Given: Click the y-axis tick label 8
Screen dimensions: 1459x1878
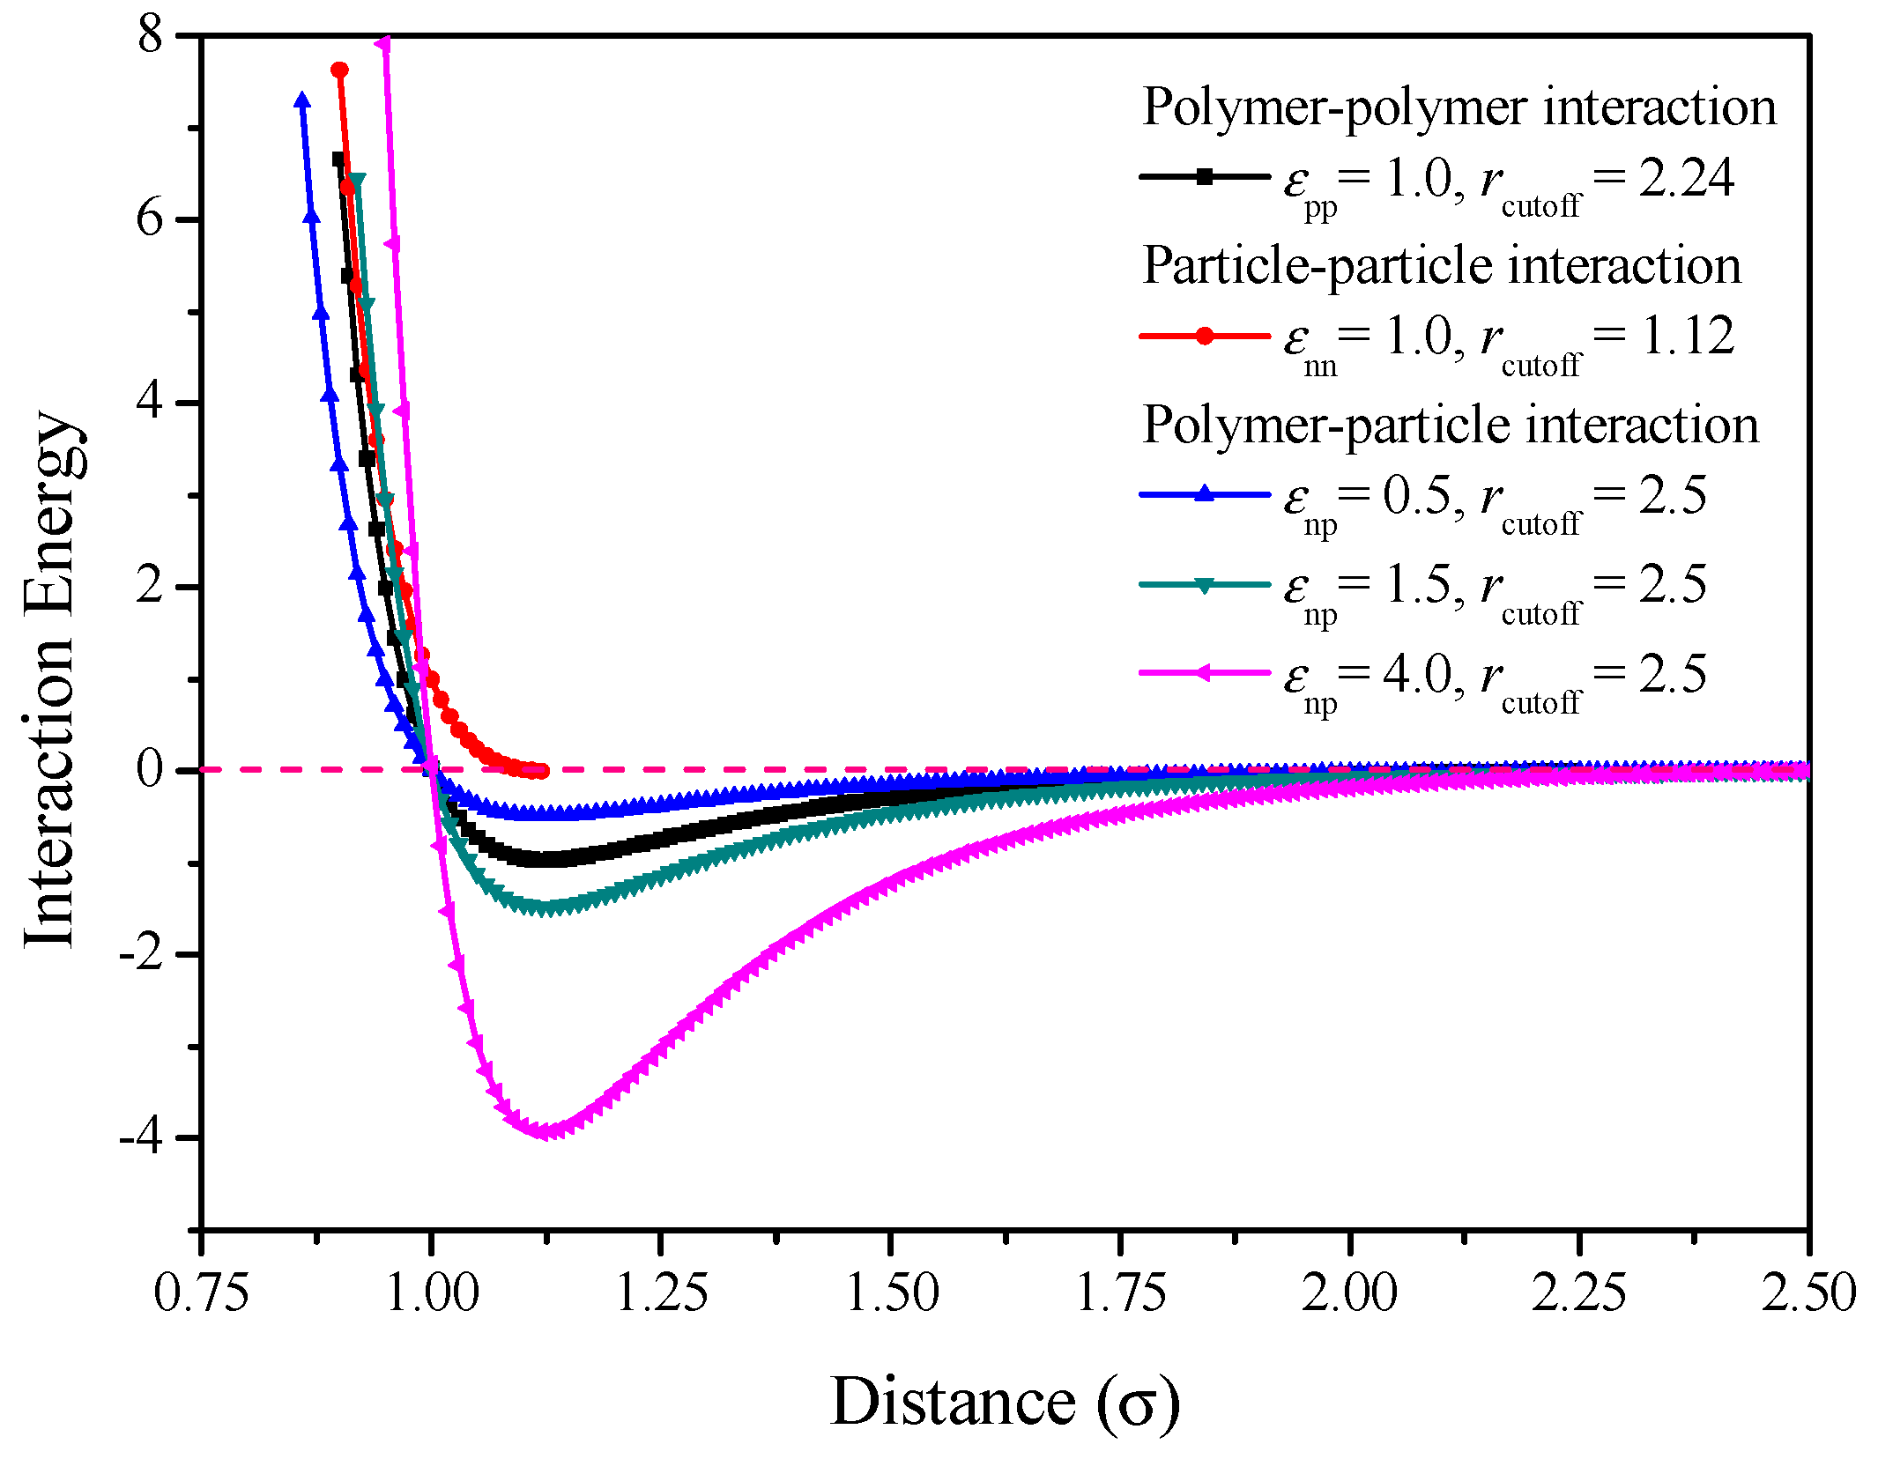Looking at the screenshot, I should (151, 37).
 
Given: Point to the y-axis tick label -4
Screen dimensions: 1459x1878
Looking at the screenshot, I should (142, 1137).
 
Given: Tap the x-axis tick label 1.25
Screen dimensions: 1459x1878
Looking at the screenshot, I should (661, 1293).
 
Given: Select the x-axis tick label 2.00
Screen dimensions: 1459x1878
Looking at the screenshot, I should (1349, 1293).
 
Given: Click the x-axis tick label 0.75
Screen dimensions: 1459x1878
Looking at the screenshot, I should (201, 1293).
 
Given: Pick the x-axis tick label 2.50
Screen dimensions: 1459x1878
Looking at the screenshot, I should (1808, 1293).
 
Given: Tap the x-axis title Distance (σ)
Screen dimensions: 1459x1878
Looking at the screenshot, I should (1005, 1401).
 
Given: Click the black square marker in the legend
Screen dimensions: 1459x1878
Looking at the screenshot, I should (1205, 177).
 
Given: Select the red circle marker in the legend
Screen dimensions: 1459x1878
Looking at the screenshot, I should (1205, 336).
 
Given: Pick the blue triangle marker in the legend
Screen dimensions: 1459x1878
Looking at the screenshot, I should (1205, 493).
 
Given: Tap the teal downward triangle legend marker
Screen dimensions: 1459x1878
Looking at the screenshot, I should (1205, 585).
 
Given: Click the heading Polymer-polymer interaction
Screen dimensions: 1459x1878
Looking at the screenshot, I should (1459, 107).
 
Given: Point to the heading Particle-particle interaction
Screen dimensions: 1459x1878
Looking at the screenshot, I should (1441, 266).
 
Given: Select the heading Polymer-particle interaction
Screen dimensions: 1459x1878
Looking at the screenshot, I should (1450, 426).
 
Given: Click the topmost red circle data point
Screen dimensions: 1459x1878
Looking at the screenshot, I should (339, 70).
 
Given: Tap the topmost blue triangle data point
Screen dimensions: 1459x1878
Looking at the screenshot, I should (302, 100).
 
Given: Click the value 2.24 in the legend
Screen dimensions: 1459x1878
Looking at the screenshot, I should (1686, 179).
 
